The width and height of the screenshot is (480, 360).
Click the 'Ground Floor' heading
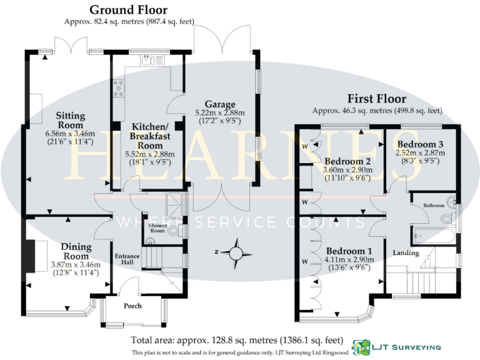[128, 9]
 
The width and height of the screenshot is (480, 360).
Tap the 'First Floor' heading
[377, 99]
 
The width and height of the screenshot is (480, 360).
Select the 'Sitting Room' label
[70, 120]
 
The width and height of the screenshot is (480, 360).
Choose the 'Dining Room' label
[76, 251]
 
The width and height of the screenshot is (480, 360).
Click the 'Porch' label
[132, 306]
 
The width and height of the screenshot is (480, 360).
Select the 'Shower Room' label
[157, 227]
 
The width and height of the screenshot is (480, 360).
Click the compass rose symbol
[236, 252]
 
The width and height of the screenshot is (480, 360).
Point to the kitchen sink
[148, 61]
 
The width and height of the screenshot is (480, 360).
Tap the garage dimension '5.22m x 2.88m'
[219, 113]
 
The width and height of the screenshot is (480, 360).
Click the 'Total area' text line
[237, 341]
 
